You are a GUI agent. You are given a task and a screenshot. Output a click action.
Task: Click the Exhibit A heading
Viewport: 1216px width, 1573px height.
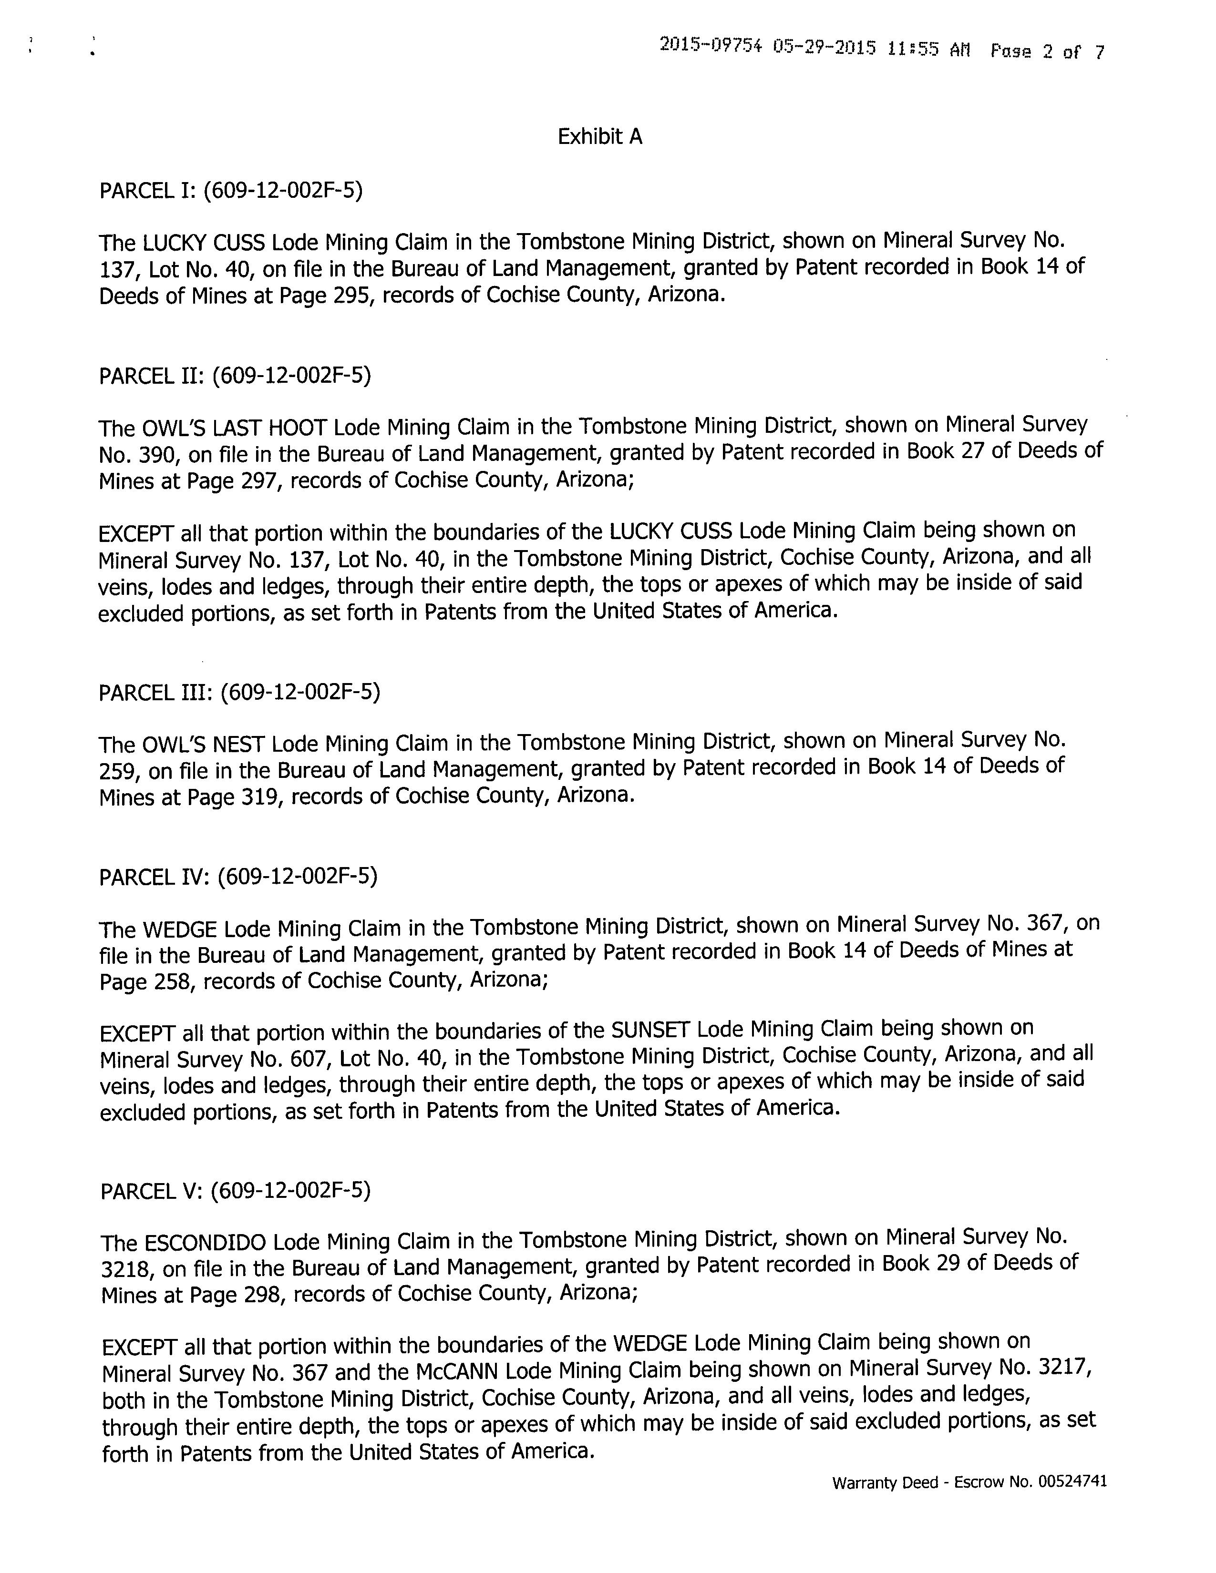tap(599, 136)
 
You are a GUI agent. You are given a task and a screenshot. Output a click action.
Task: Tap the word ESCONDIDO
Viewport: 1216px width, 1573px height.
tap(206, 1244)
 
